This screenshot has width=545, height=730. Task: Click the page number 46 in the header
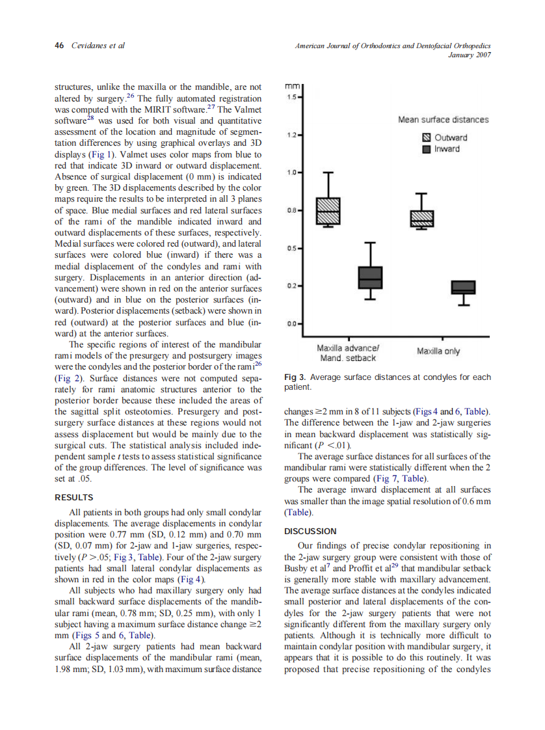click(59, 46)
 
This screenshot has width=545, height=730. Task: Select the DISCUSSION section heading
click(310, 531)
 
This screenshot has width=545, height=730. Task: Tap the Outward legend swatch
click(427, 137)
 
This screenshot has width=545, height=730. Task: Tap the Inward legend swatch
click(427, 149)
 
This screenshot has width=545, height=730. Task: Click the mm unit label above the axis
click(293, 85)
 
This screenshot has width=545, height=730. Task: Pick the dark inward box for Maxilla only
click(463, 287)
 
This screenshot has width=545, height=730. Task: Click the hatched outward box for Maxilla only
click(421, 219)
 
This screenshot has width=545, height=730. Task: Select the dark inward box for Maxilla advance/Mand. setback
click(370, 277)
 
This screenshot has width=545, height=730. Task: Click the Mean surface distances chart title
click(443, 120)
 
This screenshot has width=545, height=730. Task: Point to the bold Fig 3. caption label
click(295, 377)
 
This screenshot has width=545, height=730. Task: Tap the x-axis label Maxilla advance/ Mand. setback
click(347, 354)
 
